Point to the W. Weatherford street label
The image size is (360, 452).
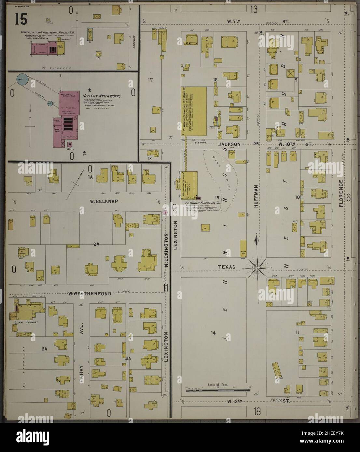click(x=90, y=294)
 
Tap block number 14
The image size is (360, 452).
click(x=213, y=333)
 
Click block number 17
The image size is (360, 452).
click(x=150, y=80)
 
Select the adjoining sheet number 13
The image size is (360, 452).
click(x=254, y=9)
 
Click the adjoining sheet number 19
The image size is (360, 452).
click(x=257, y=412)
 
